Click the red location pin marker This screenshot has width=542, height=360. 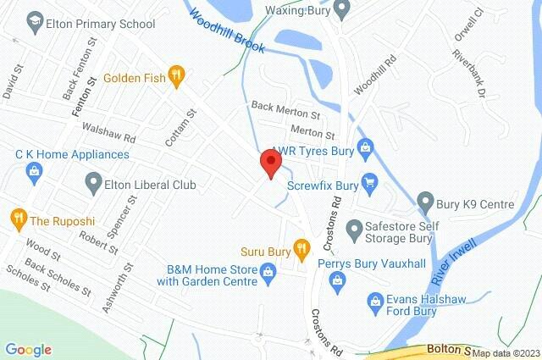270,162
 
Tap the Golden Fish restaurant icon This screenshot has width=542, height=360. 176,76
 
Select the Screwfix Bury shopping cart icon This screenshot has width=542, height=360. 368,181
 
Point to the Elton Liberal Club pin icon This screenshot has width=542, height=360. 93,183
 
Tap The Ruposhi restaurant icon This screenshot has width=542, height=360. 17,219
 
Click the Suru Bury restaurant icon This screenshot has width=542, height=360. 301,248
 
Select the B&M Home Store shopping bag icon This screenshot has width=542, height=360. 267,273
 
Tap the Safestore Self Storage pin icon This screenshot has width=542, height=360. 352,227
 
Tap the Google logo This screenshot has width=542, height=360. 28,349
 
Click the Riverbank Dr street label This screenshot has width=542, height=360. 491,84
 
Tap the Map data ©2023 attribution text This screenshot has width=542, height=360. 506,352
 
